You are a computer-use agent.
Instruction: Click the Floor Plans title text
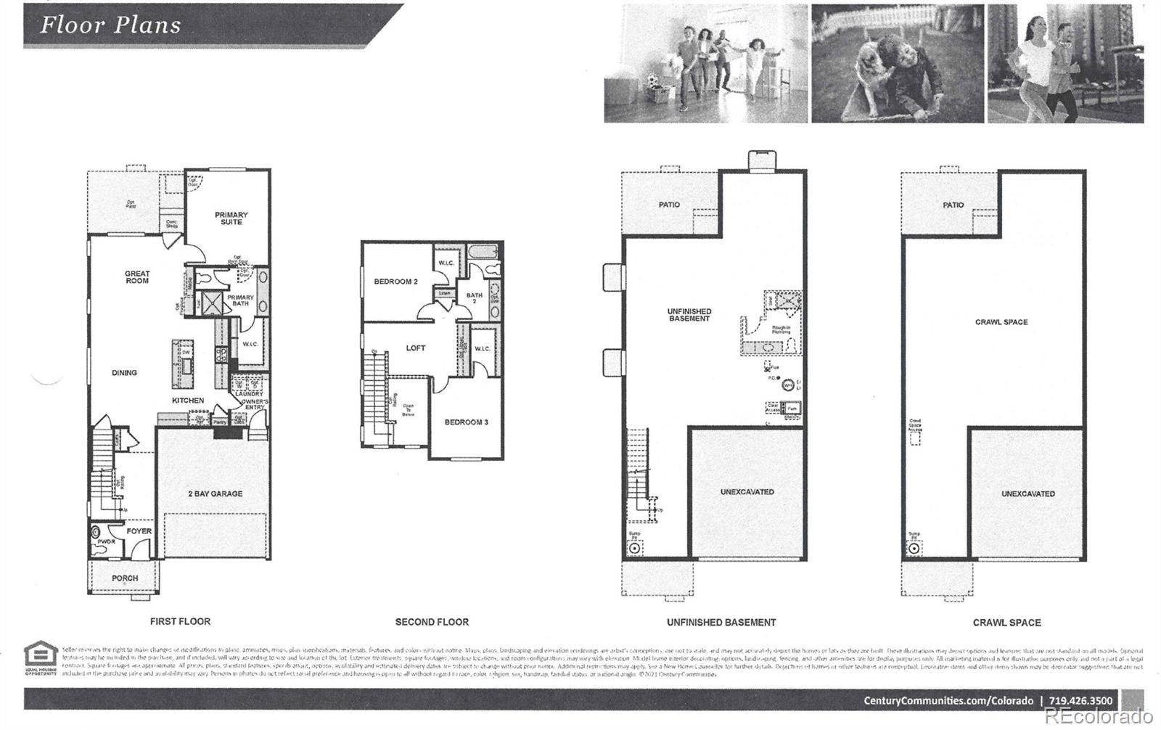pyautogui.click(x=110, y=25)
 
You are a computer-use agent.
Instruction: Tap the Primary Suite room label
pyautogui.click(x=231, y=218)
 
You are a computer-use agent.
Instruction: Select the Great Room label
pyautogui.click(x=137, y=277)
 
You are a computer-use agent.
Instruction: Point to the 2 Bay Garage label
pyautogui.click(x=216, y=494)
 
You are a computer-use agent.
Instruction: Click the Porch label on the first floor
pyautogui.click(x=125, y=578)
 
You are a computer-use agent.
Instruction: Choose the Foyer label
pyautogui.click(x=139, y=531)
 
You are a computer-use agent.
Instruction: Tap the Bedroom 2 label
pyautogui.click(x=395, y=282)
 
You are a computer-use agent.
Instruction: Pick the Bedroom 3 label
pyautogui.click(x=466, y=422)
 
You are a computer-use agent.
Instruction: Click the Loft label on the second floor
pyautogui.click(x=416, y=348)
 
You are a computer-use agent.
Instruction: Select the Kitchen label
pyautogui.click(x=188, y=401)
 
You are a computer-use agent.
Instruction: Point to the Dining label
pyautogui.click(x=124, y=373)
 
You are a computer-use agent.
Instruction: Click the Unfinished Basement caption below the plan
pyautogui.click(x=721, y=623)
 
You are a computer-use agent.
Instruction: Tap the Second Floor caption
pyautogui.click(x=432, y=622)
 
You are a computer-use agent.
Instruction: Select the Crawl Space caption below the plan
pyautogui.click(x=1006, y=623)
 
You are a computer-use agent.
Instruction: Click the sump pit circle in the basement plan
pyautogui.click(x=634, y=549)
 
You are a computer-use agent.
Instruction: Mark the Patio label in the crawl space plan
pyautogui.click(x=953, y=205)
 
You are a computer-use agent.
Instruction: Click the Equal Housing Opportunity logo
pyautogui.click(x=41, y=657)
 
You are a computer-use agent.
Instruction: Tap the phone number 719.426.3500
pyautogui.click(x=1080, y=701)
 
